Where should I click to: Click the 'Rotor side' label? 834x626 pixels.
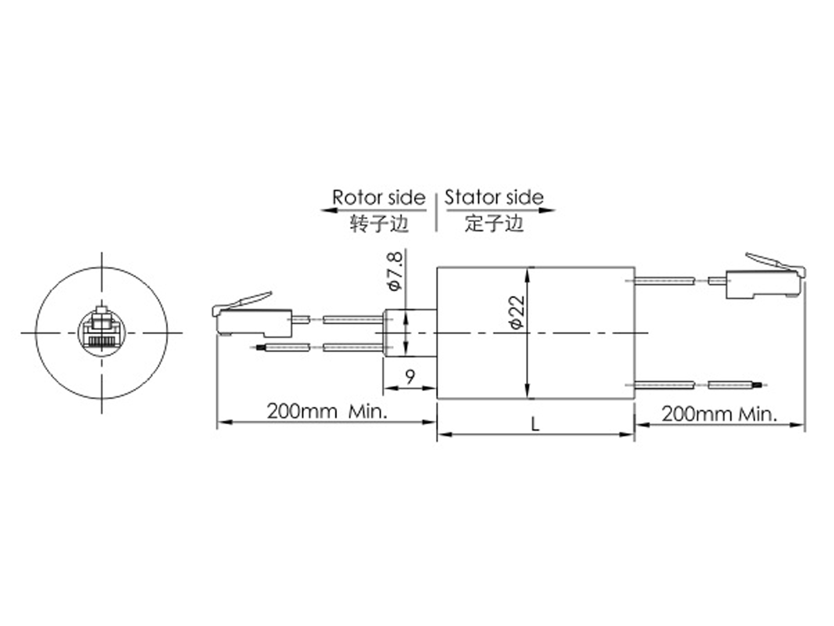click(379, 198)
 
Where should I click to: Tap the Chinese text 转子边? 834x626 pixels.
click(379, 223)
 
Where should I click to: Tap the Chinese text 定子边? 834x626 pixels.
click(494, 223)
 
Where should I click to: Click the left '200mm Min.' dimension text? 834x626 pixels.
click(327, 411)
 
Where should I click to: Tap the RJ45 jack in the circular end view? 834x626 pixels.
click(101, 332)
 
